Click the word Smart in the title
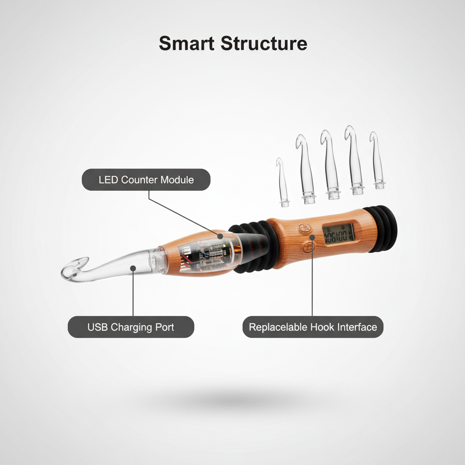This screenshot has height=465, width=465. click(187, 43)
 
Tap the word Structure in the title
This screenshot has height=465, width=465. click(264, 43)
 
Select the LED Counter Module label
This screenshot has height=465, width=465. click(146, 180)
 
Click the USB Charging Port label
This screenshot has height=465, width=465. click(131, 327)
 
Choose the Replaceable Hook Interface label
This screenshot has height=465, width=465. click(313, 327)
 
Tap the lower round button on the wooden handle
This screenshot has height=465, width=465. click(309, 247)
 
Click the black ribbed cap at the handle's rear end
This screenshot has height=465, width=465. click(381, 229)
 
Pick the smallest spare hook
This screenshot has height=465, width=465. click(282, 183)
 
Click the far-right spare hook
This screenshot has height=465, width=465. click(377, 160)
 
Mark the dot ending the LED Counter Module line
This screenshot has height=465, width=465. click(220, 236)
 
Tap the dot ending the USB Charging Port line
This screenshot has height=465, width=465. click(133, 268)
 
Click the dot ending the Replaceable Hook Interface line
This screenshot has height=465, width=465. click(312, 237)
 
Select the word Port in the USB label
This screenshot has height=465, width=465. click(164, 327)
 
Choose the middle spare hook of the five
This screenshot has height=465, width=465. click(330, 164)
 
